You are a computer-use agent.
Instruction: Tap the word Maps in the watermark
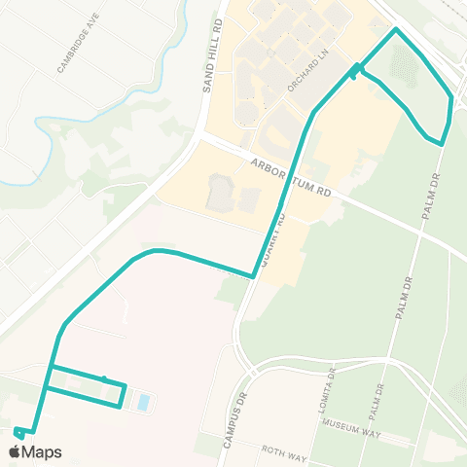click(x=43, y=452)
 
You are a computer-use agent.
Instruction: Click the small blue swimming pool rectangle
click(x=144, y=401)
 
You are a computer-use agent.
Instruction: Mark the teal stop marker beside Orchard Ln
click(x=355, y=70)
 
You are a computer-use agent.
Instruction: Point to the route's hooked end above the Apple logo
click(x=18, y=430)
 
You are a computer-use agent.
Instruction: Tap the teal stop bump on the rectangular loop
click(x=104, y=379)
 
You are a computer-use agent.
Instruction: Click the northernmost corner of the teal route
click(x=396, y=30)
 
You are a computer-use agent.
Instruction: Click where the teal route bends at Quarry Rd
click(x=253, y=276)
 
